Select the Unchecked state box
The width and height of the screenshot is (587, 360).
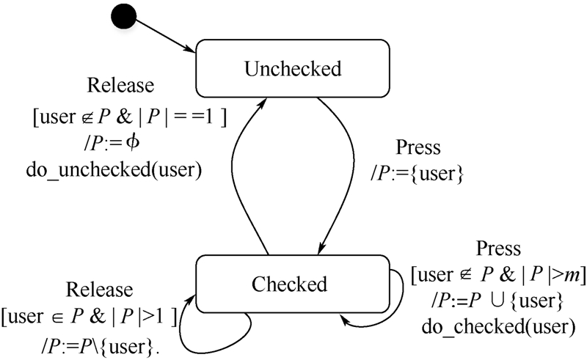(293, 69)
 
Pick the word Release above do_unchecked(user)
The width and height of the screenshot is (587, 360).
(121, 85)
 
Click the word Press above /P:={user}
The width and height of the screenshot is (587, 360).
(418, 147)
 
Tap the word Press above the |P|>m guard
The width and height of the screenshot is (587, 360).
(497, 249)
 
